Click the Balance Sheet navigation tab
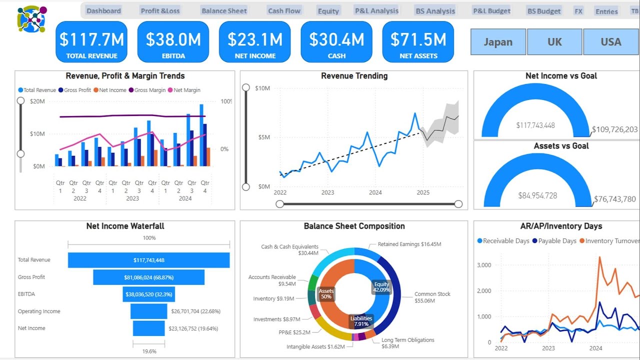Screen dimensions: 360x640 [224, 10]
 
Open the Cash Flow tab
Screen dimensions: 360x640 [284, 10]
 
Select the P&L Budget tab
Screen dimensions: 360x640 [491, 10]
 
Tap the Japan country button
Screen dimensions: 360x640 [498, 41]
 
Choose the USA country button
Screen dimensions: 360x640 [610, 41]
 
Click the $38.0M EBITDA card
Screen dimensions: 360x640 [173, 42]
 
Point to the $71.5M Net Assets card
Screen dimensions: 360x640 [418, 42]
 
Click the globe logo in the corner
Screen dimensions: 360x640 [31, 19]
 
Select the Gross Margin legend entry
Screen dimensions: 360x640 [149, 90]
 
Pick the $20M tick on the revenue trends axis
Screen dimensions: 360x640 [37, 101]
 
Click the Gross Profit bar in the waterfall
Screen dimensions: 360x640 [148, 277]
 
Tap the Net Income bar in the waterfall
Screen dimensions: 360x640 [148, 328]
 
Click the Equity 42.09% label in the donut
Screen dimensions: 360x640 [382, 287]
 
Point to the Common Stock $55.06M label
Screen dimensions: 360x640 [432, 297]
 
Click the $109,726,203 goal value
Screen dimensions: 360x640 [614, 129]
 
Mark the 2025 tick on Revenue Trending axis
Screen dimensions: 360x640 [423, 192]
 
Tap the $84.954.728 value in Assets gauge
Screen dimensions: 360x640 [536, 195]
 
